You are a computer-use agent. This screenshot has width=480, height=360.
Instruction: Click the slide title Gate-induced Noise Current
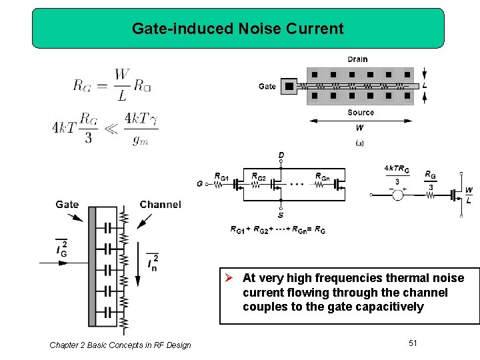tap(237, 29)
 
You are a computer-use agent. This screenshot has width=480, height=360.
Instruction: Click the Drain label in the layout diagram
tap(357, 59)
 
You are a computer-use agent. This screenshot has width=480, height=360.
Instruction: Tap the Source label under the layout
tap(361, 113)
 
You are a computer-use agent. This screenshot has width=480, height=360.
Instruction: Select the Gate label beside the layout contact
tap(267, 86)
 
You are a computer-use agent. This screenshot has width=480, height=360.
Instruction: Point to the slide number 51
tap(413, 343)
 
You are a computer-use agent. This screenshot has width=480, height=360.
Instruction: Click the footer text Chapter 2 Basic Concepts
tap(120, 345)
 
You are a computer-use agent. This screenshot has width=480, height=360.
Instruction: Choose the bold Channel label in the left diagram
tap(160, 204)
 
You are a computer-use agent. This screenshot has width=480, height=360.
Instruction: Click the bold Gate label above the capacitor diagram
tap(67, 204)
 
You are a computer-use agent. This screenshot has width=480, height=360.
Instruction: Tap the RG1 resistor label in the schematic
tap(221, 177)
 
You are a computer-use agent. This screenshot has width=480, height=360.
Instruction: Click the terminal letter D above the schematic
tap(281, 155)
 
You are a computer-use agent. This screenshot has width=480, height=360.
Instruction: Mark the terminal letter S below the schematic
tap(280, 215)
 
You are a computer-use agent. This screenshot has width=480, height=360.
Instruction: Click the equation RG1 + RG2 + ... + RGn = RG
tap(278, 229)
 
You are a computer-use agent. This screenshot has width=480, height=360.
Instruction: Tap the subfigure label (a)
tap(360, 143)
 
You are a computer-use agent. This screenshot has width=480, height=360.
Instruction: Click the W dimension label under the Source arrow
tap(360, 127)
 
